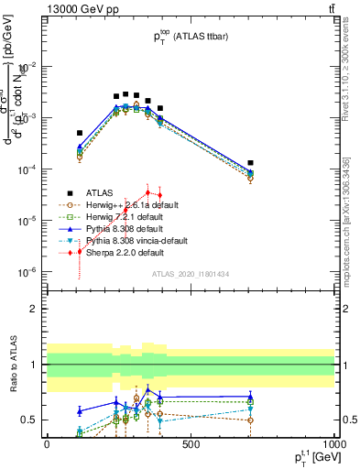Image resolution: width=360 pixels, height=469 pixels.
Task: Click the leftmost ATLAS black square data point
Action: [x=80, y=133]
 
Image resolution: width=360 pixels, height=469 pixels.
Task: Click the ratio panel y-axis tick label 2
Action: [x=34, y=309]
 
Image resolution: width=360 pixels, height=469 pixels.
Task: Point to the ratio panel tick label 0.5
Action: [x=30, y=420]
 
